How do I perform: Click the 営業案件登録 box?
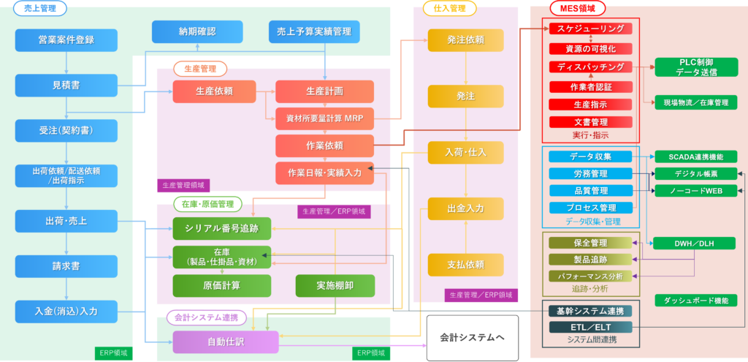(x=66, y=39)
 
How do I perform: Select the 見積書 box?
(x=66, y=85)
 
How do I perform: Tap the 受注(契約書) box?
(x=66, y=131)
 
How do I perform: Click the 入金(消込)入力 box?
(x=66, y=311)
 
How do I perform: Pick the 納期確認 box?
(x=197, y=31)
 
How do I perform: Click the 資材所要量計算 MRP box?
(x=324, y=117)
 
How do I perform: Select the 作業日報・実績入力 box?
(x=324, y=173)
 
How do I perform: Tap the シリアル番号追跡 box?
(x=221, y=228)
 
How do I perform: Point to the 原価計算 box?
(x=221, y=284)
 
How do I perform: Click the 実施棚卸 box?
(x=335, y=285)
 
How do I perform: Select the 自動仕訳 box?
(x=226, y=342)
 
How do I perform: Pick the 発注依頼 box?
(x=465, y=39)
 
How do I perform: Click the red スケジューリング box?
(x=590, y=29)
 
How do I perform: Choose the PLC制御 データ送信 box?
(x=696, y=67)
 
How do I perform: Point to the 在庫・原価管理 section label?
(x=204, y=203)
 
